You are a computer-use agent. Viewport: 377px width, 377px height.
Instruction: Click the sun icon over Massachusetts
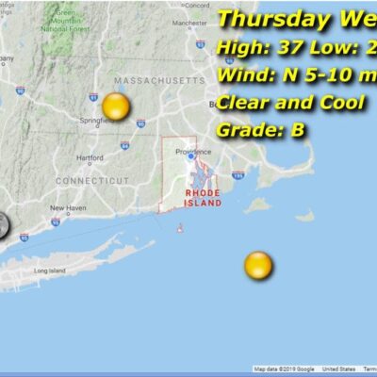[115, 107]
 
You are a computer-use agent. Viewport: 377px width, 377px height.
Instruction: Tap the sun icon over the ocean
[257, 266]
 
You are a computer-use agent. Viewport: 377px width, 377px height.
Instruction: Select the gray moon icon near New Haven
[3, 225]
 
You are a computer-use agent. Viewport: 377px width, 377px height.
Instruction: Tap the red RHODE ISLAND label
[203, 198]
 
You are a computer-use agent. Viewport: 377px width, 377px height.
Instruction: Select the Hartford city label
[90, 157]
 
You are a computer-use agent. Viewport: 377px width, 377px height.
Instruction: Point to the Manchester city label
[189, 23]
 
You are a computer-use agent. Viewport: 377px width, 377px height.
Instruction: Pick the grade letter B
[297, 131]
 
